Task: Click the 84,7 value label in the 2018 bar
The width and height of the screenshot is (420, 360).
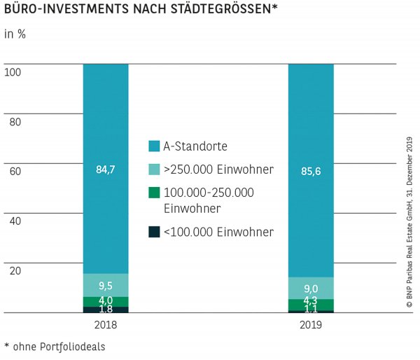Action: pos(105,168)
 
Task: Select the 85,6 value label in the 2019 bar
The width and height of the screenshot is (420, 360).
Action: pos(311,168)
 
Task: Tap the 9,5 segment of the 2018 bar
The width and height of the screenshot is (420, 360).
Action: pos(105,285)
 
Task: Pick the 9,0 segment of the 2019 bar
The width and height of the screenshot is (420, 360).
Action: pos(311,287)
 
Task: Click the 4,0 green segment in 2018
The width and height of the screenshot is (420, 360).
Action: pos(105,301)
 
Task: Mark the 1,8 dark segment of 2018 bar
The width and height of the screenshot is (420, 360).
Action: pos(105,310)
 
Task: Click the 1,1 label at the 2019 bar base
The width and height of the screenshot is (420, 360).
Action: pos(311,311)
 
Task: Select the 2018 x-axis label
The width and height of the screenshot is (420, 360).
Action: pos(105,326)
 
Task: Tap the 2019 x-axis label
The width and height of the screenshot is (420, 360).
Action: pos(311,326)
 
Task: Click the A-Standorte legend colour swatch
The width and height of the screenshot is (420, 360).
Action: pos(154,146)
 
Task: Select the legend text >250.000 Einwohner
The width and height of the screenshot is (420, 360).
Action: pos(218,169)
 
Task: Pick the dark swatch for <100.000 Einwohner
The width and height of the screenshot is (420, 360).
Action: pos(154,233)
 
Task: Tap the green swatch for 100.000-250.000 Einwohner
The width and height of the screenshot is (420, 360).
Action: pos(154,193)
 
